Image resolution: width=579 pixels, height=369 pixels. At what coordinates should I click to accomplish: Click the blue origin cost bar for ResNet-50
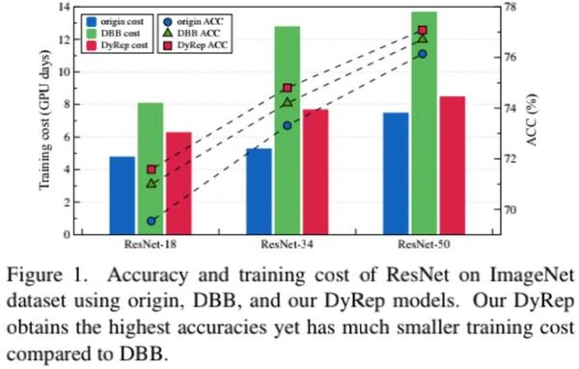(x=396, y=173)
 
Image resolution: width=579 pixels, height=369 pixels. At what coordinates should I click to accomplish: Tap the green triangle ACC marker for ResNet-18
(x=152, y=182)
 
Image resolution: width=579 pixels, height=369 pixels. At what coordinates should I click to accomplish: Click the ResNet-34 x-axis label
(x=287, y=245)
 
